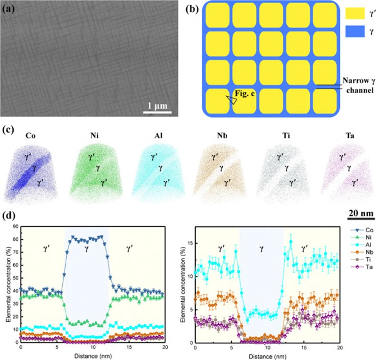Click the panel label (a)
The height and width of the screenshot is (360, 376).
click(10, 8)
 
